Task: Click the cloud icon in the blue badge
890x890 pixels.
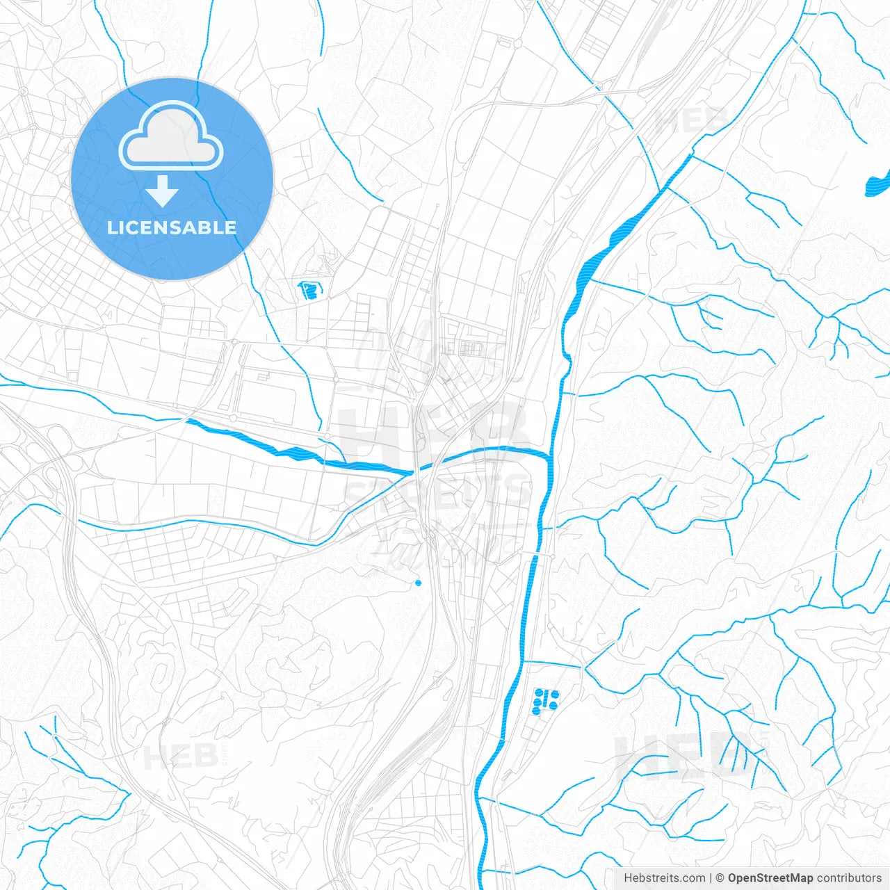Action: point(171,136)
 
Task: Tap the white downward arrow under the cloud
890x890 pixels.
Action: point(163,191)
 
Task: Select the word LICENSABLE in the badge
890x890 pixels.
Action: point(172,227)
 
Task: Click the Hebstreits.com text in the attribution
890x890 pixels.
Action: point(664,878)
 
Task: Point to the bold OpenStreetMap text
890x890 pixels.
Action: point(770,878)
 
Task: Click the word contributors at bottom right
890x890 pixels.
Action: point(849,878)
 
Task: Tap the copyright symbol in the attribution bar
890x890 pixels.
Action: point(720,878)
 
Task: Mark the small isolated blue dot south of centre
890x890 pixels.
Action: point(418,583)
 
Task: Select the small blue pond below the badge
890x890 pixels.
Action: point(308,289)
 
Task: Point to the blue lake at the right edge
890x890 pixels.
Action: point(877,184)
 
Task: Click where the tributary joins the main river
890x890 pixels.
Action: point(549,457)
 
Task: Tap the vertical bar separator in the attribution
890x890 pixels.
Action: point(711,878)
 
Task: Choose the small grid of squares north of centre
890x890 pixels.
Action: point(472,347)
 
